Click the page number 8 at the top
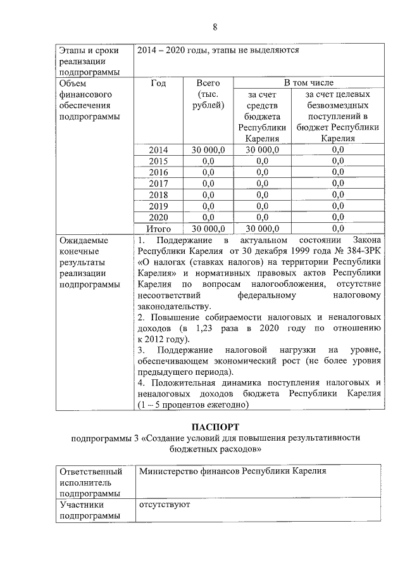pos(215,27)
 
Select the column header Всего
pos(208,83)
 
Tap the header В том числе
pos(308,83)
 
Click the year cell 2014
pos(158,149)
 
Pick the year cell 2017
pos(158,184)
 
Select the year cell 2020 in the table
pos(158,217)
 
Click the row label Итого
pos(158,229)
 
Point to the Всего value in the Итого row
pos(208,229)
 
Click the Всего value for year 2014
pos(208,149)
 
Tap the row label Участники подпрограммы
pos(90,511)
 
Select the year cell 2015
pos(158,161)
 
